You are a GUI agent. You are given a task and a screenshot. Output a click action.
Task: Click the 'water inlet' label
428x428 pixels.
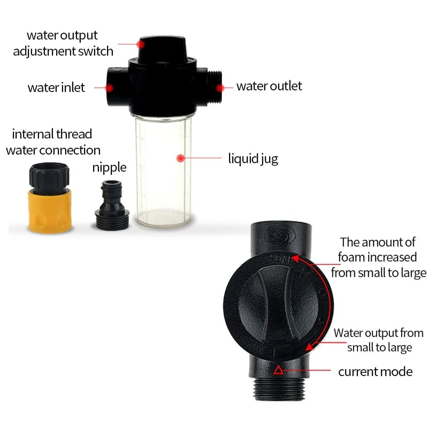click(x=56, y=87)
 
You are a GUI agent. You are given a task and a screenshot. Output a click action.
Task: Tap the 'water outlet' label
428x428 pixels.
click(x=269, y=86)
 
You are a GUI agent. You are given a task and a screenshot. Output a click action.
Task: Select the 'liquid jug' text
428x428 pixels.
click(x=253, y=159)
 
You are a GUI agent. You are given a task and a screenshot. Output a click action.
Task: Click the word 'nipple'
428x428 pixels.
click(x=109, y=167)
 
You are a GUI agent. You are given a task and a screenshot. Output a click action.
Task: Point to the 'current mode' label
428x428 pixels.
click(x=375, y=371)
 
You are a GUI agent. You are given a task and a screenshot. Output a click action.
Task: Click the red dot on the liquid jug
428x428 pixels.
click(x=180, y=158)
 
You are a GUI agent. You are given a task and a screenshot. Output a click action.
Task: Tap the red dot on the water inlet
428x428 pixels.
click(x=110, y=87)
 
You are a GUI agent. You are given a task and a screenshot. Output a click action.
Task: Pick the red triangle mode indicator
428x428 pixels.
click(x=278, y=370)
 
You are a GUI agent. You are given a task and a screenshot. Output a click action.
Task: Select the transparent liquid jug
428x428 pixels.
click(x=161, y=171)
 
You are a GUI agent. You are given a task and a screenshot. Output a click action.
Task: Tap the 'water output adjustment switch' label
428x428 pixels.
click(x=63, y=43)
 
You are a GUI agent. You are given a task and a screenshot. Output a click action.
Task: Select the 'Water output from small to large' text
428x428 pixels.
click(x=379, y=340)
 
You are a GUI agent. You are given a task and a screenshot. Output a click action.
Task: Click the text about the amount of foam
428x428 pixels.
click(x=378, y=257)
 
